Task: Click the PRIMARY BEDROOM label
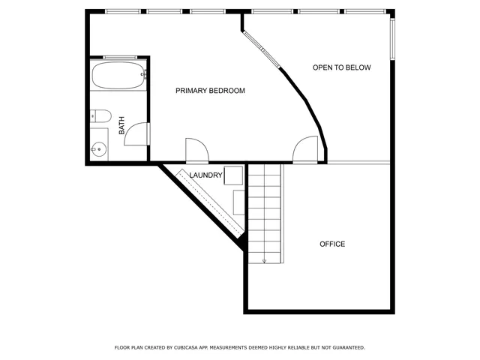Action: [210, 91]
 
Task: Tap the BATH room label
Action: [122, 124]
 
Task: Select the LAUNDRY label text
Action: [205, 175]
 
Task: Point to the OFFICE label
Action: [332, 244]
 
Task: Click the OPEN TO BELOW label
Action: [341, 67]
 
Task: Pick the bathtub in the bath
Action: [118, 75]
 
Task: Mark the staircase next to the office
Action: [265, 214]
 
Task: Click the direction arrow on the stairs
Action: [265, 259]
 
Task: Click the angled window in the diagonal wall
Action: [263, 50]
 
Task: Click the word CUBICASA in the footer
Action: [184, 348]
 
